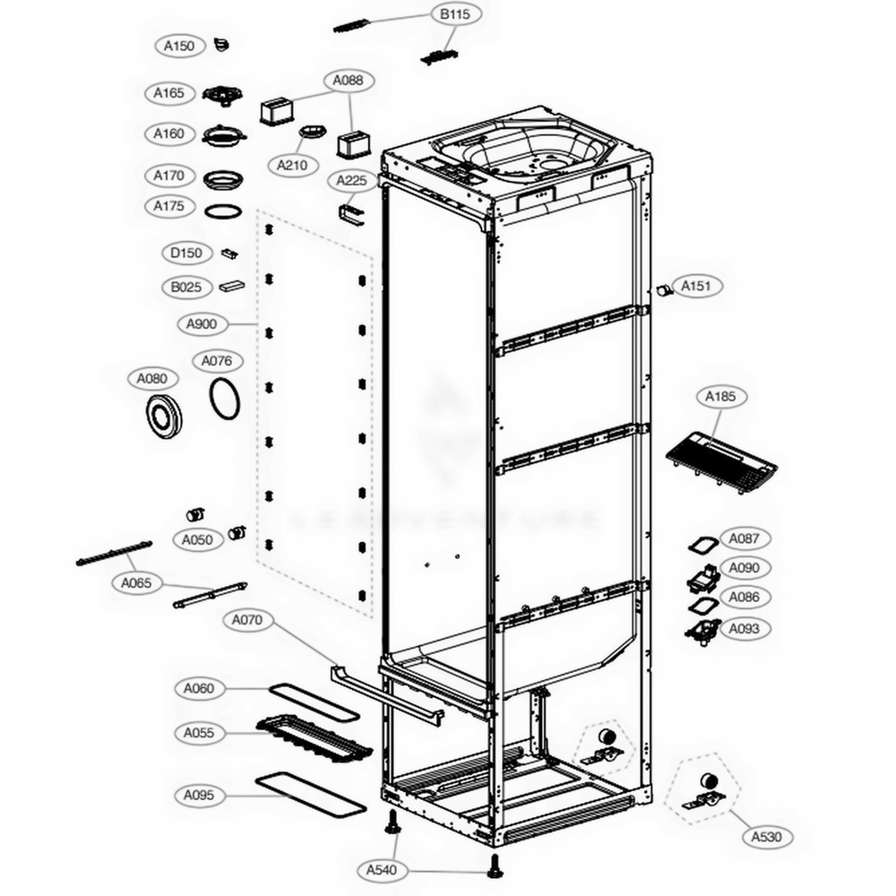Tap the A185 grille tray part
pos(721,461)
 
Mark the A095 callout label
pos(199,795)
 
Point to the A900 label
pos(204,323)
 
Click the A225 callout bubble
pos(352,181)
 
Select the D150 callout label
pos(186,254)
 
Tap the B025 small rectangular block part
pos(231,288)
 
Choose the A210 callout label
pos(292,165)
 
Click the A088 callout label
pos(348,81)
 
